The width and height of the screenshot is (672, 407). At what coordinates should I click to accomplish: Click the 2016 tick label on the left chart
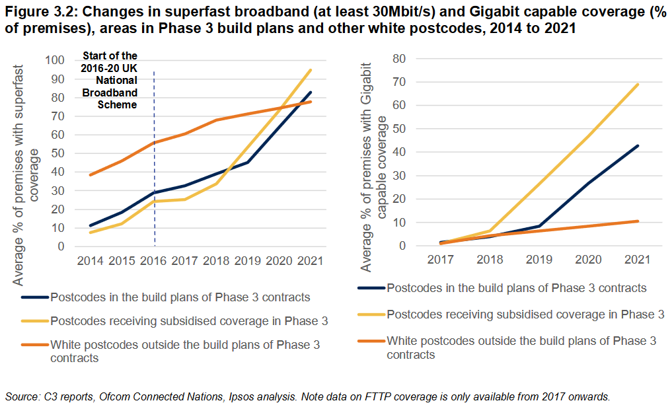pos(154,262)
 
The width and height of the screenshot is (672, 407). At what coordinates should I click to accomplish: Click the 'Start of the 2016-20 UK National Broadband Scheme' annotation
pos(109,80)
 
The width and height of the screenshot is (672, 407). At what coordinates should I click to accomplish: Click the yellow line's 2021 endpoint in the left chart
pos(311,70)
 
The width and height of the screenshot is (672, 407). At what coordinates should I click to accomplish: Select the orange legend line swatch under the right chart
pos(371,342)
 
